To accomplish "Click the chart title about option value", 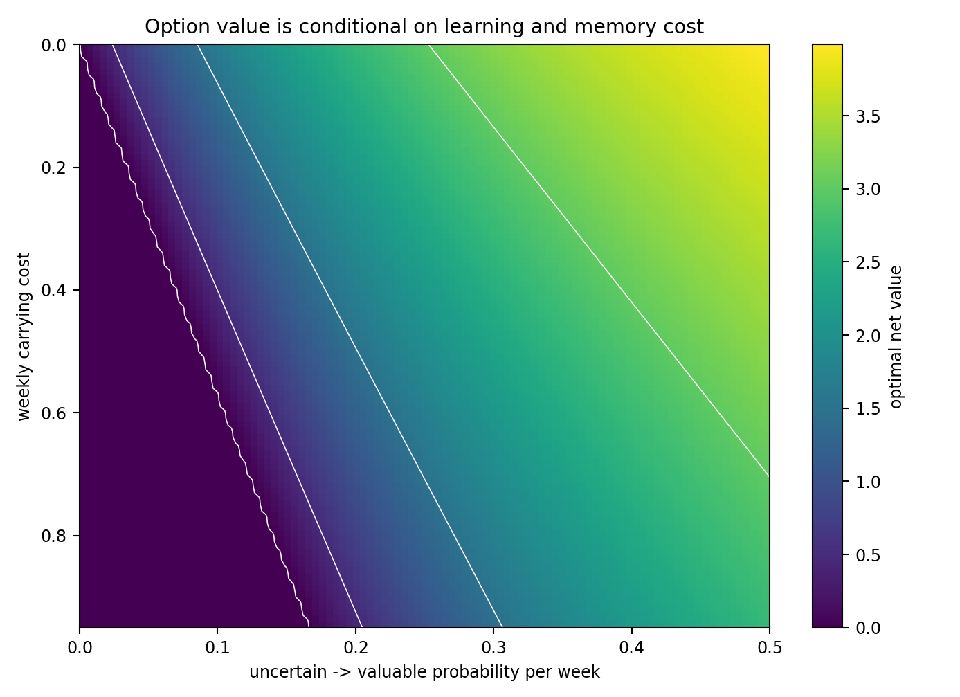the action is [x=424, y=26].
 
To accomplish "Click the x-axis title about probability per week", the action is [x=424, y=671].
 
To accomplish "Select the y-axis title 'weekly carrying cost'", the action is [x=24, y=336].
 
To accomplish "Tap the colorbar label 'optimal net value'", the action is [x=896, y=337].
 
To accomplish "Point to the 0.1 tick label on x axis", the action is [x=217, y=647].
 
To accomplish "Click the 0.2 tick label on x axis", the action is [x=356, y=647].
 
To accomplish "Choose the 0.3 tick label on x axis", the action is [x=493, y=647].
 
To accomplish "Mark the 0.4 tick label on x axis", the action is [x=632, y=647].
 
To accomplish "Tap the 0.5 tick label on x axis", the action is [x=770, y=647].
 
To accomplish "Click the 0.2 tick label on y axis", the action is [x=53, y=168].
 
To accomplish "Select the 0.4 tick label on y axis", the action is [x=53, y=290].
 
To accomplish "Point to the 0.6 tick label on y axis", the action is [x=53, y=413].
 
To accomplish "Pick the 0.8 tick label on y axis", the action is [x=53, y=536].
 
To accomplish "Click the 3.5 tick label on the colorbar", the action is [x=868, y=116].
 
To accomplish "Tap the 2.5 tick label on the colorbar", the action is [x=868, y=262].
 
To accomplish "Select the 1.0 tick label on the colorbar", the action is [x=868, y=482].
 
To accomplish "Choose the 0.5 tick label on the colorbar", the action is [x=868, y=555].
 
